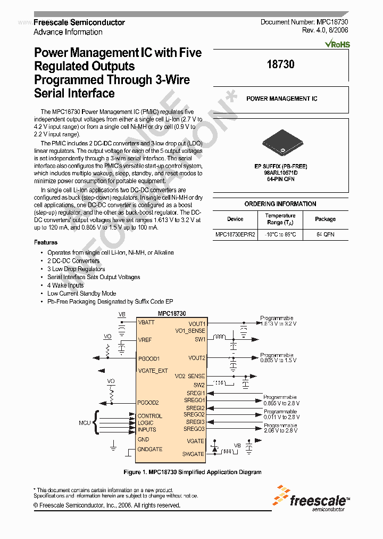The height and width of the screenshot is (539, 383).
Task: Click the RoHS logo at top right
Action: click(337, 44)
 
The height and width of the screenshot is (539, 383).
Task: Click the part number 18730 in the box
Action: click(280, 64)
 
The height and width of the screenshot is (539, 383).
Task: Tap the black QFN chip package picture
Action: click(280, 144)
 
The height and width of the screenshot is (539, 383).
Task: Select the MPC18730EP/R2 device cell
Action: click(235, 234)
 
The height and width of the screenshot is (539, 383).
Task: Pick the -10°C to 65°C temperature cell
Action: click(280, 234)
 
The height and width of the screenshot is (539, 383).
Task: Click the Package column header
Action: click(325, 219)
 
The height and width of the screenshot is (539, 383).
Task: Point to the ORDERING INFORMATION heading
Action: click(280, 204)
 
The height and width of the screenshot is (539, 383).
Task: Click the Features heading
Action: click(46, 242)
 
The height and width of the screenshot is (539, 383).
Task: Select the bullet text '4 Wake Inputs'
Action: click(65, 285)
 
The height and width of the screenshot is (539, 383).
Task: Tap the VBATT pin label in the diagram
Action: click(146, 323)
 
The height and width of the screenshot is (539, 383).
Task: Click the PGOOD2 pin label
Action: click(148, 403)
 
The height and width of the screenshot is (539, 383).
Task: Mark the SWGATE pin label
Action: click(193, 454)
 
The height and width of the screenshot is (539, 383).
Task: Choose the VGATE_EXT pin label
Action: click(153, 371)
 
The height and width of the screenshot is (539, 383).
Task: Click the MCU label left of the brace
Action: click(85, 423)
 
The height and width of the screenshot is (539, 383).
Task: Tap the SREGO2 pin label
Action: click(194, 414)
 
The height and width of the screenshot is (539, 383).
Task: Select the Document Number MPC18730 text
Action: click(304, 22)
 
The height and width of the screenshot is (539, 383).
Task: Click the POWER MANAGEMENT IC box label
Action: click(281, 99)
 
